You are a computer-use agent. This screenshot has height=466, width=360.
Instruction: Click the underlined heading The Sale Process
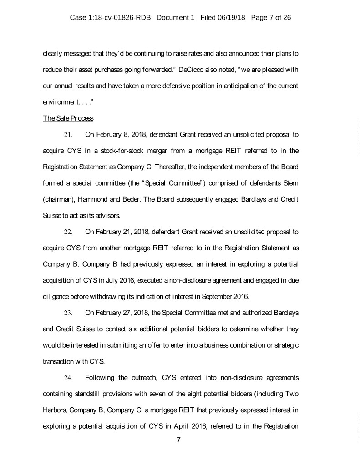tap(68, 118)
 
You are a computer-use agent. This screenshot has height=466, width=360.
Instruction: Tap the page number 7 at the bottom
tap(179, 440)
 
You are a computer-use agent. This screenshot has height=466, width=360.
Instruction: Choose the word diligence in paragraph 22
tap(56, 297)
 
